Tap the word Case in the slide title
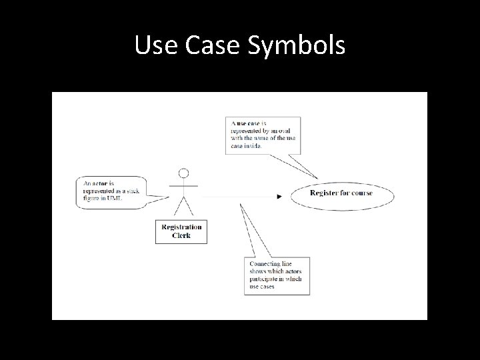point(215,46)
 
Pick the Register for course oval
point(341,194)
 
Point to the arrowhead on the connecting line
point(279,196)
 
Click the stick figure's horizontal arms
point(182,186)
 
